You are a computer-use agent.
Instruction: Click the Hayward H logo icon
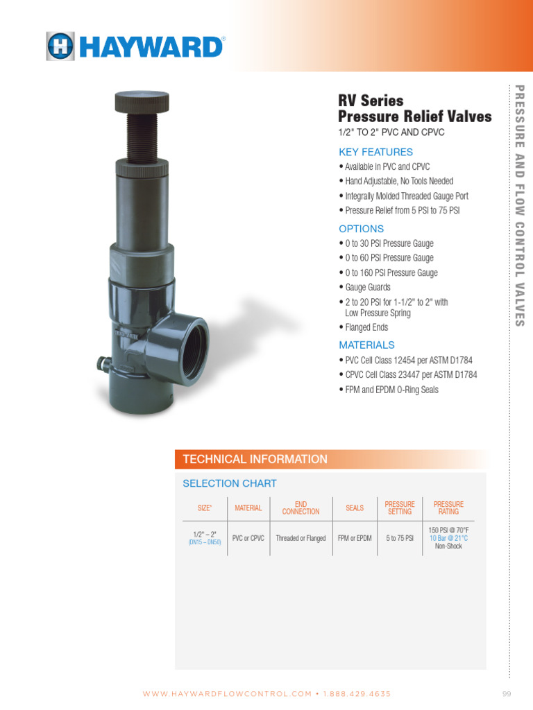tap(60, 46)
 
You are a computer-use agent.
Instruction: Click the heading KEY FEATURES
tap(375, 152)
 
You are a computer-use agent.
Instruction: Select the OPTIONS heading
tap(361, 229)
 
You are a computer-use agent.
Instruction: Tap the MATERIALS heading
tap(366, 345)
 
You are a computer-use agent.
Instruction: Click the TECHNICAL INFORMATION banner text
tap(255, 459)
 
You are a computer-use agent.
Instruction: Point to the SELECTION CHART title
tap(229, 483)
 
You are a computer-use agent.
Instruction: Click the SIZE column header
tap(205, 508)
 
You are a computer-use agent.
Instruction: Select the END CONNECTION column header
tap(301, 508)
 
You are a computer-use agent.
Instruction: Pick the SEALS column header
tap(355, 508)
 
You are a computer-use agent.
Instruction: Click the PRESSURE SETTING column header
tap(400, 508)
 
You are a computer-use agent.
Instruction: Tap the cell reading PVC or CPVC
tap(248, 538)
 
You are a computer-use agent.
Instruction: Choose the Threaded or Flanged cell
tap(301, 538)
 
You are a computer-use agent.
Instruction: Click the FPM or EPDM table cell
tap(355, 538)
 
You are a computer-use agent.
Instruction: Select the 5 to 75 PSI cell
tap(400, 538)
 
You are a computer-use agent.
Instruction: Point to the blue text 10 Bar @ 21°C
tap(448, 538)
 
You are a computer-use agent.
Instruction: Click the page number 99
tap(506, 693)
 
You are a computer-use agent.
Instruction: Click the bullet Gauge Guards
tap(368, 287)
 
